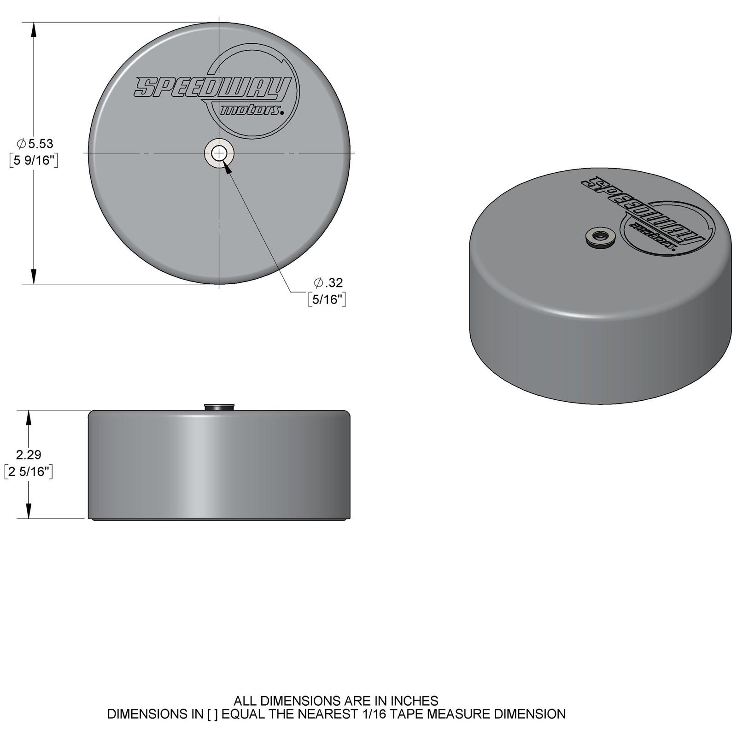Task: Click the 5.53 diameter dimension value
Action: point(41,144)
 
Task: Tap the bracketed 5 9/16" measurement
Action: point(34,161)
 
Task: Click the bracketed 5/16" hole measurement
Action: point(327,299)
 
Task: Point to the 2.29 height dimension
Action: point(29,455)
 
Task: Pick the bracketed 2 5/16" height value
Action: point(29,472)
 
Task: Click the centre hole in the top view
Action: point(219,152)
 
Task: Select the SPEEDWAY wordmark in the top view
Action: point(212,87)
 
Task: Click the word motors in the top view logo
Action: point(251,111)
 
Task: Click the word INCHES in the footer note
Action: point(415,701)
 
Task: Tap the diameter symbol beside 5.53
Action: point(21,144)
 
